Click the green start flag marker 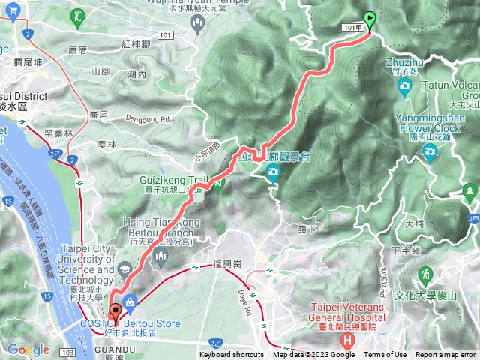(370, 20)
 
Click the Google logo (28, 349)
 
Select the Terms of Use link (385, 355)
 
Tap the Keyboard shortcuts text (232, 355)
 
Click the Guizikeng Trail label (172, 180)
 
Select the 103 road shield (67, 351)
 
